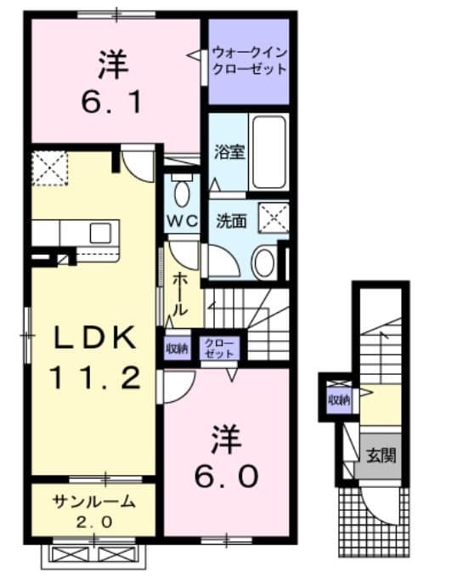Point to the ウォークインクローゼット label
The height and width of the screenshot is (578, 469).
[249, 60]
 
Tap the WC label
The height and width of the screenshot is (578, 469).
[181, 219]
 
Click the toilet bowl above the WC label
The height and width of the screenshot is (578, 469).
[181, 190]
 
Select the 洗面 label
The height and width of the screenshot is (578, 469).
[230, 220]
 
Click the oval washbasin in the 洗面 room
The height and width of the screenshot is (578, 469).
[263, 263]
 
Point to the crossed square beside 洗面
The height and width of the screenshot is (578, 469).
[274, 218]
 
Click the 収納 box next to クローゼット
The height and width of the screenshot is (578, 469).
[177, 348]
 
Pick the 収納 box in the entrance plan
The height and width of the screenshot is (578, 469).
[339, 399]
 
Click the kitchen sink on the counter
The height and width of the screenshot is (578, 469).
[100, 232]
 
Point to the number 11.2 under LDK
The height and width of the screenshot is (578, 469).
[94, 377]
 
